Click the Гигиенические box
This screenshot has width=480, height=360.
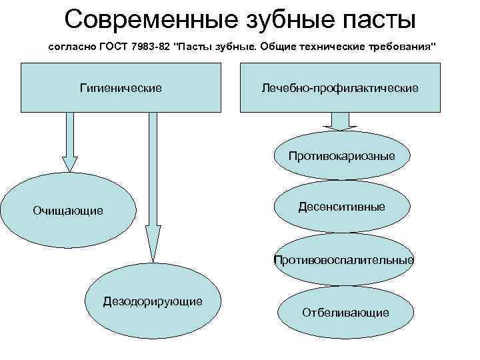tap(121, 87)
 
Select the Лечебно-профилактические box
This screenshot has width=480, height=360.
tap(340, 87)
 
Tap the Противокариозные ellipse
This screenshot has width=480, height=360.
tap(341, 156)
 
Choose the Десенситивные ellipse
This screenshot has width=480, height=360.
tap(341, 207)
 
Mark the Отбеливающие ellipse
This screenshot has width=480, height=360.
tap(345, 312)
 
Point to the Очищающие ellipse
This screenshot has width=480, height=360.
tap(69, 211)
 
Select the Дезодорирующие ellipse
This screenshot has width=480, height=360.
tap(153, 301)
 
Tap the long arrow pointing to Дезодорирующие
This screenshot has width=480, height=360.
tap(153, 187)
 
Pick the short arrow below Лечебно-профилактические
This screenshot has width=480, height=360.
tap(340, 121)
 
